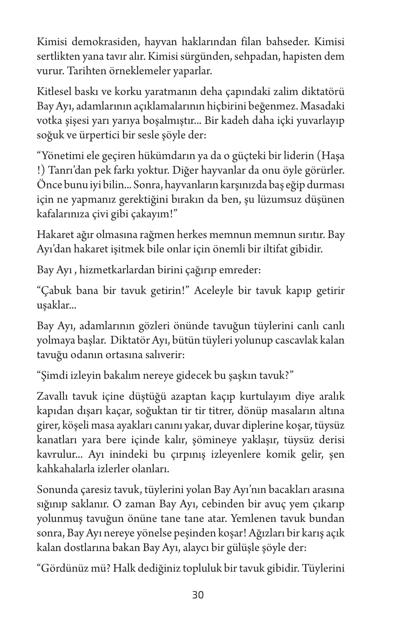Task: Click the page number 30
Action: (x=198, y=595)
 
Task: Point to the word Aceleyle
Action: (x=217, y=291)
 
